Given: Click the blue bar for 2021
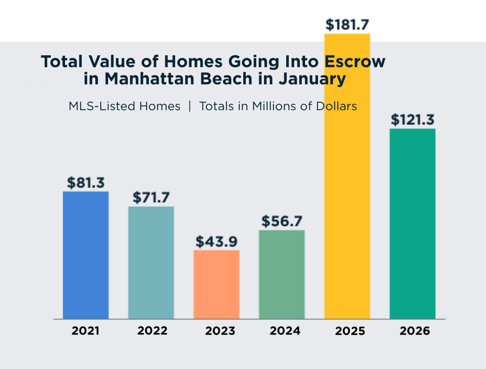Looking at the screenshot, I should pos(86,255).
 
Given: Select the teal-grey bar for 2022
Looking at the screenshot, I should pos(151,263).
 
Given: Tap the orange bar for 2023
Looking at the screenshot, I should pos(216,284).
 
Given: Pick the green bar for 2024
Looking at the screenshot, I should pos(282,274).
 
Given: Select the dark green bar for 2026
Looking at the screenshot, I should pos(412,224).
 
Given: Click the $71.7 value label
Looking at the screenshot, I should pos(151,198).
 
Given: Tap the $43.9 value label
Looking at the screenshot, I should pos(216,242).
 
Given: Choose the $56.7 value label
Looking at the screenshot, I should pos(282,222).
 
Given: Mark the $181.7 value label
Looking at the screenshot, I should pos(347,25).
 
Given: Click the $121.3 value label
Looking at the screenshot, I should pos(412,120).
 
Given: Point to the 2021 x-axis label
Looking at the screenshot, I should pos(86,331).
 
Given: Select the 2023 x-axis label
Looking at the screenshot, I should pos(220,331).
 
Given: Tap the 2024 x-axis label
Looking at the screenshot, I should pos(285,331).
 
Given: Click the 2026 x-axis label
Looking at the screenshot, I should pos(415,331).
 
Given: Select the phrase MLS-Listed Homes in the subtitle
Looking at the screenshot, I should pos(124,106).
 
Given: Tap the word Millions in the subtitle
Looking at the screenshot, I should pos(272,106).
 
